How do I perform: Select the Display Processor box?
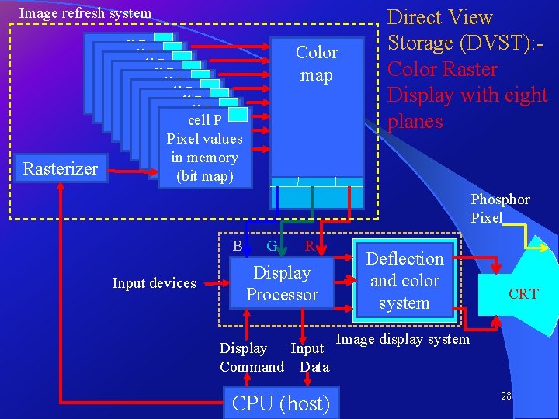tap(283, 282)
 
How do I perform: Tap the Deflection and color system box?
tap(404, 281)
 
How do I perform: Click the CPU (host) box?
tap(280, 403)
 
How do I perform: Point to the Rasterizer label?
tap(61, 168)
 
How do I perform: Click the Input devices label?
tap(154, 283)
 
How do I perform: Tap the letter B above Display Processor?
tap(238, 246)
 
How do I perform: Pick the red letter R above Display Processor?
tap(309, 246)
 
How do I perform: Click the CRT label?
tap(523, 294)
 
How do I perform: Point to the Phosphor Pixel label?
tap(500, 209)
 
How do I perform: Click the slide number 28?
tap(505, 396)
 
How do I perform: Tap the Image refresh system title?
tap(85, 12)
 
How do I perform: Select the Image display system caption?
tap(402, 339)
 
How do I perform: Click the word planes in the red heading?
tap(415, 122)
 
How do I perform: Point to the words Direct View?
tap(439, 17)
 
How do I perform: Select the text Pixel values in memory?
tap(204, 148)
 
